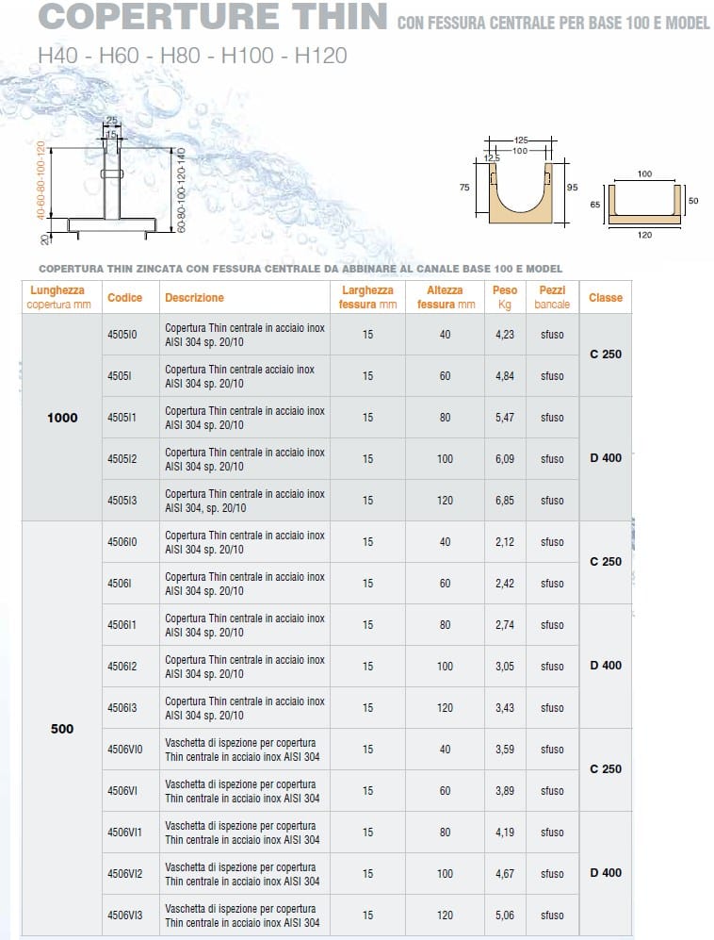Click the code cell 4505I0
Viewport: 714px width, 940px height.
point(122,334)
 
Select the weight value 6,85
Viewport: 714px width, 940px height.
point(505,500)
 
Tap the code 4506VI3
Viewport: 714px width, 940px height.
point(126,915)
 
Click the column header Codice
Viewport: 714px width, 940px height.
point(125,297)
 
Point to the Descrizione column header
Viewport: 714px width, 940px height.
point(194,297)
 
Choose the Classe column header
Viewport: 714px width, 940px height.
point(606,297)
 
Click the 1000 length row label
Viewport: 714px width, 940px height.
point(62,417)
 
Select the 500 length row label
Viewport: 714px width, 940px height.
point(62,728)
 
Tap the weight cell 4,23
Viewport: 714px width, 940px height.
point(505,334)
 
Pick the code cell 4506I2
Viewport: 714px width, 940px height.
point(122,666)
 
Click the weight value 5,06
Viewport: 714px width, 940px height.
point(505,915)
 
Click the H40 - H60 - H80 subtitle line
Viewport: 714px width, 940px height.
point(192,55)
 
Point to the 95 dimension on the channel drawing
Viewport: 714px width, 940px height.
point(572,188)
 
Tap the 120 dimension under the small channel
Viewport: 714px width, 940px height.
point(644,235)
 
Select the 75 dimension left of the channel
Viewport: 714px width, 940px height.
point(463,188)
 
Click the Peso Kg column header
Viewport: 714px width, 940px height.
point(505,297)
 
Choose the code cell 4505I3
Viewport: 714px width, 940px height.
point(122,500)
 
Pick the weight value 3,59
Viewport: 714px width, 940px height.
point(505,749)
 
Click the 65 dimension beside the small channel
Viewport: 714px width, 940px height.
point(595,204)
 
